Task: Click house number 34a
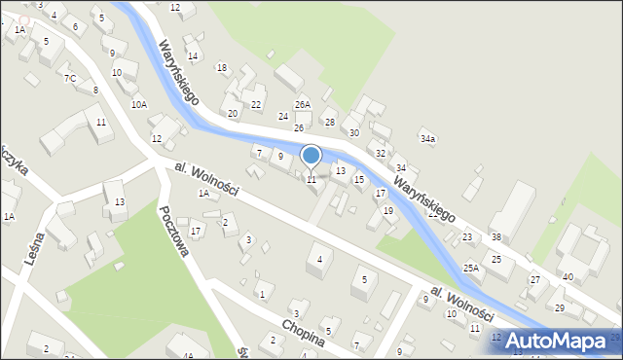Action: [x=427, y=140]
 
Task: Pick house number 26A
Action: [x=303, y=104]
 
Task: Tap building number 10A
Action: [x=139, y=104]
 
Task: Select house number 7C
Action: [x=70, y=78]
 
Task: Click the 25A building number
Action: [x=471, y=268]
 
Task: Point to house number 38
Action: [x=496, y=237]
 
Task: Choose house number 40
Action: [x=568, y=277]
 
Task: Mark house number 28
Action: [x=330, y=122]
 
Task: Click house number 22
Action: [x=256, y=104]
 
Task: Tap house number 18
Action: [x=222, y=67]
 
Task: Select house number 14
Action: [x=193, y=56]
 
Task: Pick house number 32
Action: [x=381, y=154]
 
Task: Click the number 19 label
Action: [x=388, y=210]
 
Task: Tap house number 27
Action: [x=534, y=280]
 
